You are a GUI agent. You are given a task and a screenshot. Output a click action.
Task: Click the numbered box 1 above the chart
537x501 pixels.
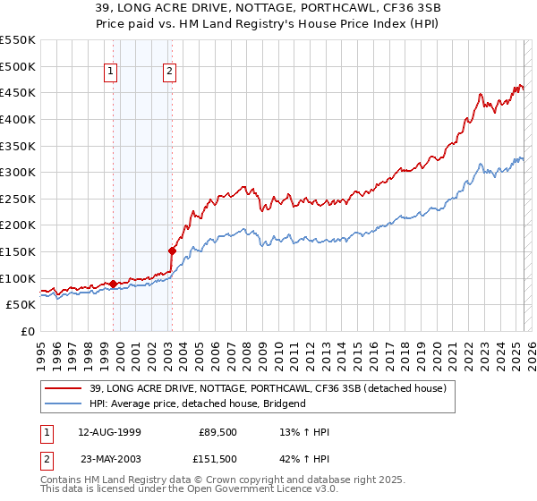click(111, 72)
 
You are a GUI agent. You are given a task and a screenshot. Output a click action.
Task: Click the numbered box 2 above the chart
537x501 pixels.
click(170, 72)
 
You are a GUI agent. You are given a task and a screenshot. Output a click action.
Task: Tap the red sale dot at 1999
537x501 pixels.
click(113, 284)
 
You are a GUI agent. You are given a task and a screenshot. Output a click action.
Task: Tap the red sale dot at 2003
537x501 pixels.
click(172, 250)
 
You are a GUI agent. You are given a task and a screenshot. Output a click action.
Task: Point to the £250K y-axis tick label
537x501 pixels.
click(18, 199)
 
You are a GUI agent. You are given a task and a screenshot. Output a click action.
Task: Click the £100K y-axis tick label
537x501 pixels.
click(18, 278)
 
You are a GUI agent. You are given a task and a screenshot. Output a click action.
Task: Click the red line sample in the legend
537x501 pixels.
click(64, 388)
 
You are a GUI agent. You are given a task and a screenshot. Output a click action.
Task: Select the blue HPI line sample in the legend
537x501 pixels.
click(64, 403)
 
